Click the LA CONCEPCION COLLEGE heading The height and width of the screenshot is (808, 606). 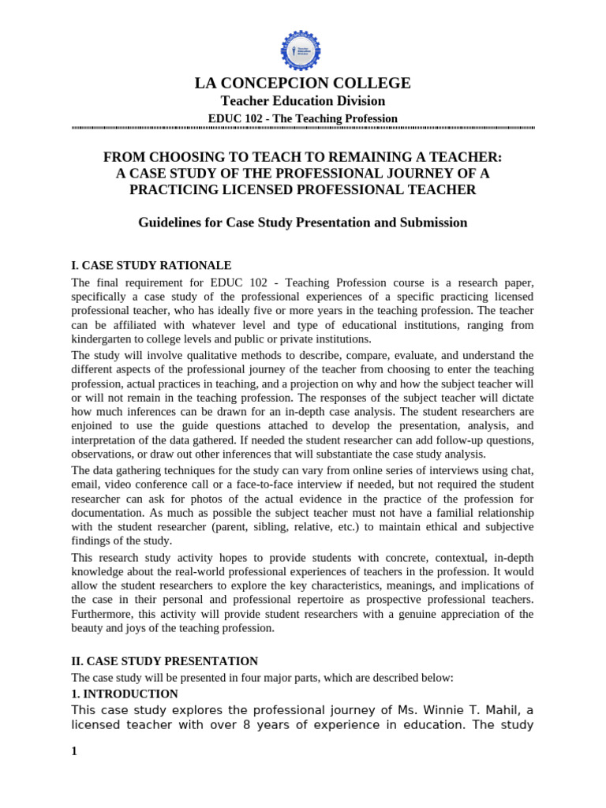click(x=303, y=83)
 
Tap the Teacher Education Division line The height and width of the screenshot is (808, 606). click(x=303, y=101)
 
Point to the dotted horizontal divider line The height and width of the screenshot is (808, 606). click(x=303, y=128)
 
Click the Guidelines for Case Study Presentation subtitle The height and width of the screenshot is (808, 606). click(x=303, y=223)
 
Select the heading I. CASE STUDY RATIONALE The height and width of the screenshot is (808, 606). click(x=151, y=265)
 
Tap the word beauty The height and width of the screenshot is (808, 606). click(x=87, y=628)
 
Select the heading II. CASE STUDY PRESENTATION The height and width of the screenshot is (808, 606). click(x=165, y=661)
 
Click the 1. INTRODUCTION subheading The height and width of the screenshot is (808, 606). click(x=125, y=694)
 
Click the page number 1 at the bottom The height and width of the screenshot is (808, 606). click(x=74, y=751)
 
